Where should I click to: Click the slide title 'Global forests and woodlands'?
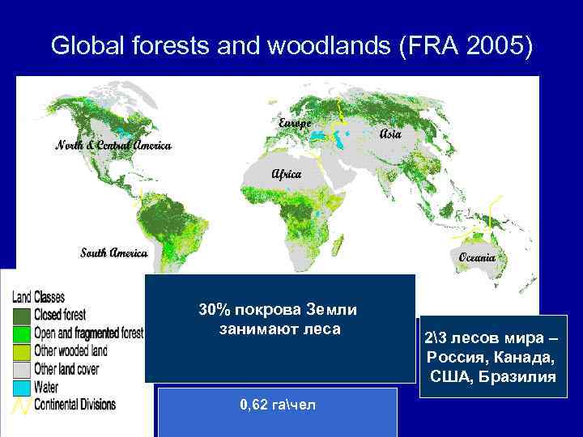coord(219,46)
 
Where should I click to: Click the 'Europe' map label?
coord(295,123)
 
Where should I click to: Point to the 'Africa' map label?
coord(287,173)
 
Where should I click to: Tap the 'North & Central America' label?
coord(113,146)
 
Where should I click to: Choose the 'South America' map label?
coord(113,252)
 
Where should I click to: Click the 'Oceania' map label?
coord(483,257)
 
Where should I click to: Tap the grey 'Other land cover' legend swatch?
coord(21,368)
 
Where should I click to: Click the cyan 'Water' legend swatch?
coord(21,386)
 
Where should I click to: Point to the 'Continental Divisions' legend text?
coord(75,403)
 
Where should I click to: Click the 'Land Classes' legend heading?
coord(38,297)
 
